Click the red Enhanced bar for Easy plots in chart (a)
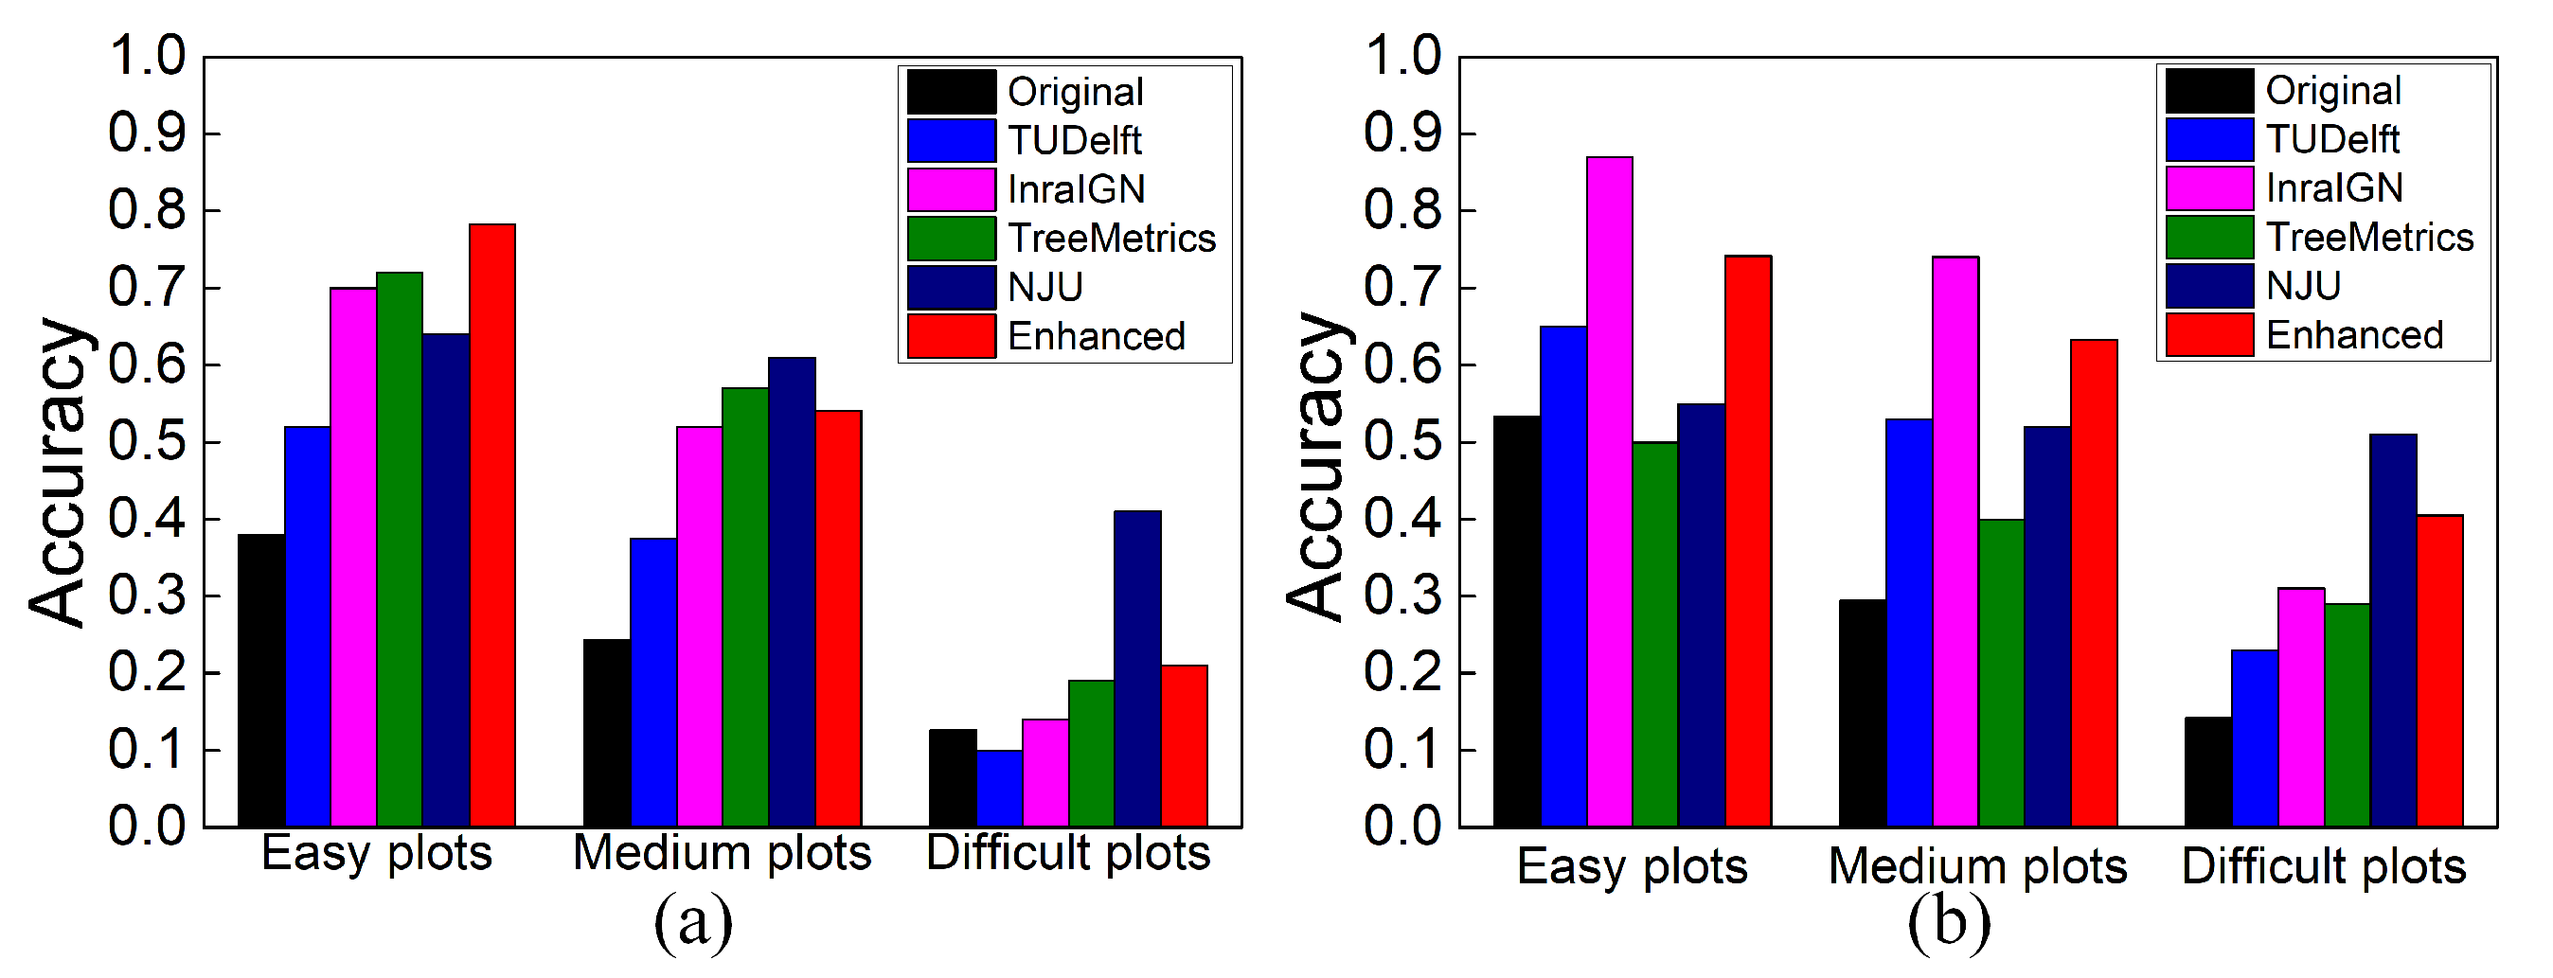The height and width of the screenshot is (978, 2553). click(x=492, y=525)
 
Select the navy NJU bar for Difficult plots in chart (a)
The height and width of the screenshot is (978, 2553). click(x=1136, y=668)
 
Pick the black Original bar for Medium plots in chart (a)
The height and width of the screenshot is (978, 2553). click(x=607, y=732)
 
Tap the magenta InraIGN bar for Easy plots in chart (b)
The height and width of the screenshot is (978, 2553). click(x=1610, y=491)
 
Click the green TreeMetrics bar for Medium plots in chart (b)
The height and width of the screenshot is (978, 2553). click(x=2001, y=673)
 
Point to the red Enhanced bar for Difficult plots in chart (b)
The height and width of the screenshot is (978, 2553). click(x=2440, y=671)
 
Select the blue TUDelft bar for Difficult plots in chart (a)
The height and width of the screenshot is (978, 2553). click(x=999, y=789)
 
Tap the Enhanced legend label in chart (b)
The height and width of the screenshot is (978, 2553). click(x=2355, y=336)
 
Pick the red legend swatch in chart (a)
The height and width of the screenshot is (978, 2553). click(x=952, y=336)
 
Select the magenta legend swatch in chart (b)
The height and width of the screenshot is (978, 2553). click(x=2209, y=188)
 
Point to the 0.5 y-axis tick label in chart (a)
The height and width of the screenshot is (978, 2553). click(x=147, y=442)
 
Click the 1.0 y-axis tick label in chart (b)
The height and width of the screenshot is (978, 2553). click(x=1403, y=56)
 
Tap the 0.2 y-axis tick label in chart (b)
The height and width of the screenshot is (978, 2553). click(x=1403, y=673)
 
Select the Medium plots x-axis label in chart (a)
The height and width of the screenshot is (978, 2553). click(x=722, y=853)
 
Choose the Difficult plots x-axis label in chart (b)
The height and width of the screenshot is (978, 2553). click(x=2323, y=867)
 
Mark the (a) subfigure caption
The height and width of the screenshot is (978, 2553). click(x=694, y=921)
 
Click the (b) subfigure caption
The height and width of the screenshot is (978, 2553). click(x=1949, y=921)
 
